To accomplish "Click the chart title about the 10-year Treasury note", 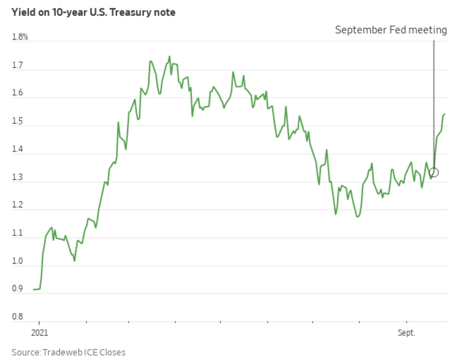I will click(x=93, y=12).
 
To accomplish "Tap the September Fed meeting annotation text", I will click(x=391, y=30).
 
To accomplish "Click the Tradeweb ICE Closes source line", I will click(x=68, y=352).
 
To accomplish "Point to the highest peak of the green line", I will click(x=169, y=56).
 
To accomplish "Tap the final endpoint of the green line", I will click(x=444, y=114).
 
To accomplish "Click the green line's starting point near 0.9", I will click(x=34, y=290).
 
